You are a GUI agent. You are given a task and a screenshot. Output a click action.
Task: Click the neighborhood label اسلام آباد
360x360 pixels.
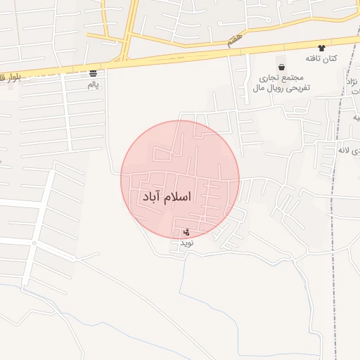[167, 197]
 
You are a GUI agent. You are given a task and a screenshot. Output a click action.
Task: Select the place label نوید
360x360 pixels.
[186, 243]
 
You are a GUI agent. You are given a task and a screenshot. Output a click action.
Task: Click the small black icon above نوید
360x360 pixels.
[186, 232]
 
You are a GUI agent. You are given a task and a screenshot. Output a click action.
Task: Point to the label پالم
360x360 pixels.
[94, 84]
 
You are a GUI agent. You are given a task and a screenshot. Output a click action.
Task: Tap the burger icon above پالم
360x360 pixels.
[94, 73]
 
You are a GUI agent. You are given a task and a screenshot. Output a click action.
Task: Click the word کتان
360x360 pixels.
[330, 58]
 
